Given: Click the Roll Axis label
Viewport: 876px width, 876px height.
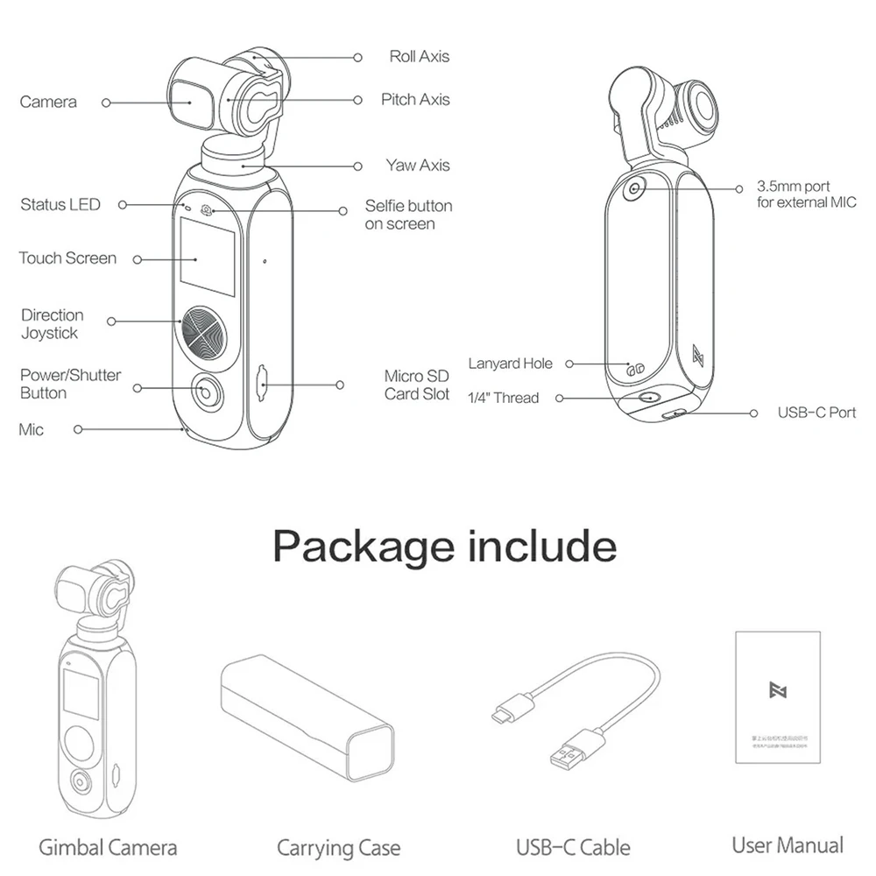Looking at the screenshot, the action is click(x=419, y=57).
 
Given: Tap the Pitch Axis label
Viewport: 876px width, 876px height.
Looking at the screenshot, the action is click(x=415, y=100).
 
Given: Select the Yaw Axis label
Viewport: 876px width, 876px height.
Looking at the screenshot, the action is click(x=418, y=166).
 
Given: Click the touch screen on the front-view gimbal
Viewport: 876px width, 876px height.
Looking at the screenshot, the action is click(x=207, y=256).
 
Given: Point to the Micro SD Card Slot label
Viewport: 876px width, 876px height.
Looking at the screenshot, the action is click(x=417, y=385).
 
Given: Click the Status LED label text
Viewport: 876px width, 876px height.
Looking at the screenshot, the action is click(x=60, y=205).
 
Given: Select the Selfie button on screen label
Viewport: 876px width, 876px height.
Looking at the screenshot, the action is click(x=408, y=215).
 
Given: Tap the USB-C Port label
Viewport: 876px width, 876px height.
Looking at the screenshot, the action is click(x=816, y=413).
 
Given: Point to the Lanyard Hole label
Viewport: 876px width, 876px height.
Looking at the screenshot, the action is click(x=510, y=364).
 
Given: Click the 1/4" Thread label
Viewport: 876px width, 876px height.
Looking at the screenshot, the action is click(x=503, y=398).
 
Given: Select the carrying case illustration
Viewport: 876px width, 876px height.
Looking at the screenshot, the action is click(x=305, y=721).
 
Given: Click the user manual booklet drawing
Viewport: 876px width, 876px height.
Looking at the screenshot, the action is click(x=778, y=696).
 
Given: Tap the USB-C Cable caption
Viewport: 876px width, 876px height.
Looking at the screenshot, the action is click(x=573, y=847).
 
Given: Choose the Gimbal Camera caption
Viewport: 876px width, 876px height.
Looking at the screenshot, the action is click(x=108, y=847).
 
